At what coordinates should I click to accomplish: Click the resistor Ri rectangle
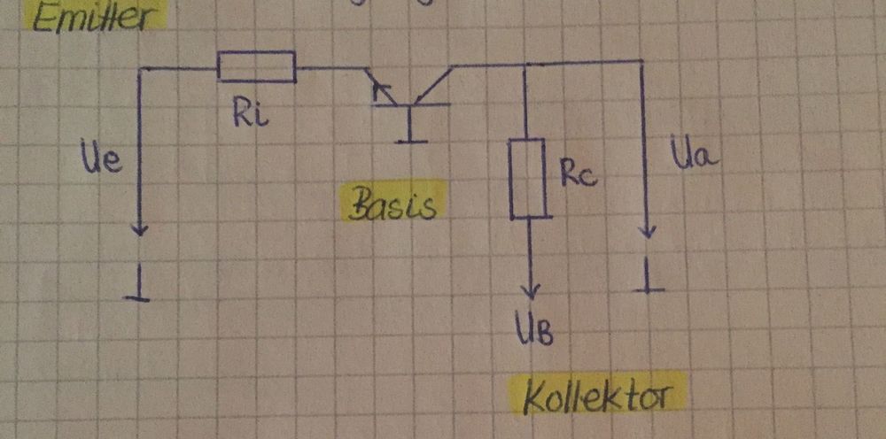pyautogui.click(x=256, y=66)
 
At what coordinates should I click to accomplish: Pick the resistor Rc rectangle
pyautogui.click(x=529, y=178)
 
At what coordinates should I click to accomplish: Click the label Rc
pyautogui.click(x=579, y=173)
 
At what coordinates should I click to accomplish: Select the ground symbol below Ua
pyautogui.click(x=651, y=285)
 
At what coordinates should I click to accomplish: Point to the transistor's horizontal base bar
pyautogui.click(x=410, y=106)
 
